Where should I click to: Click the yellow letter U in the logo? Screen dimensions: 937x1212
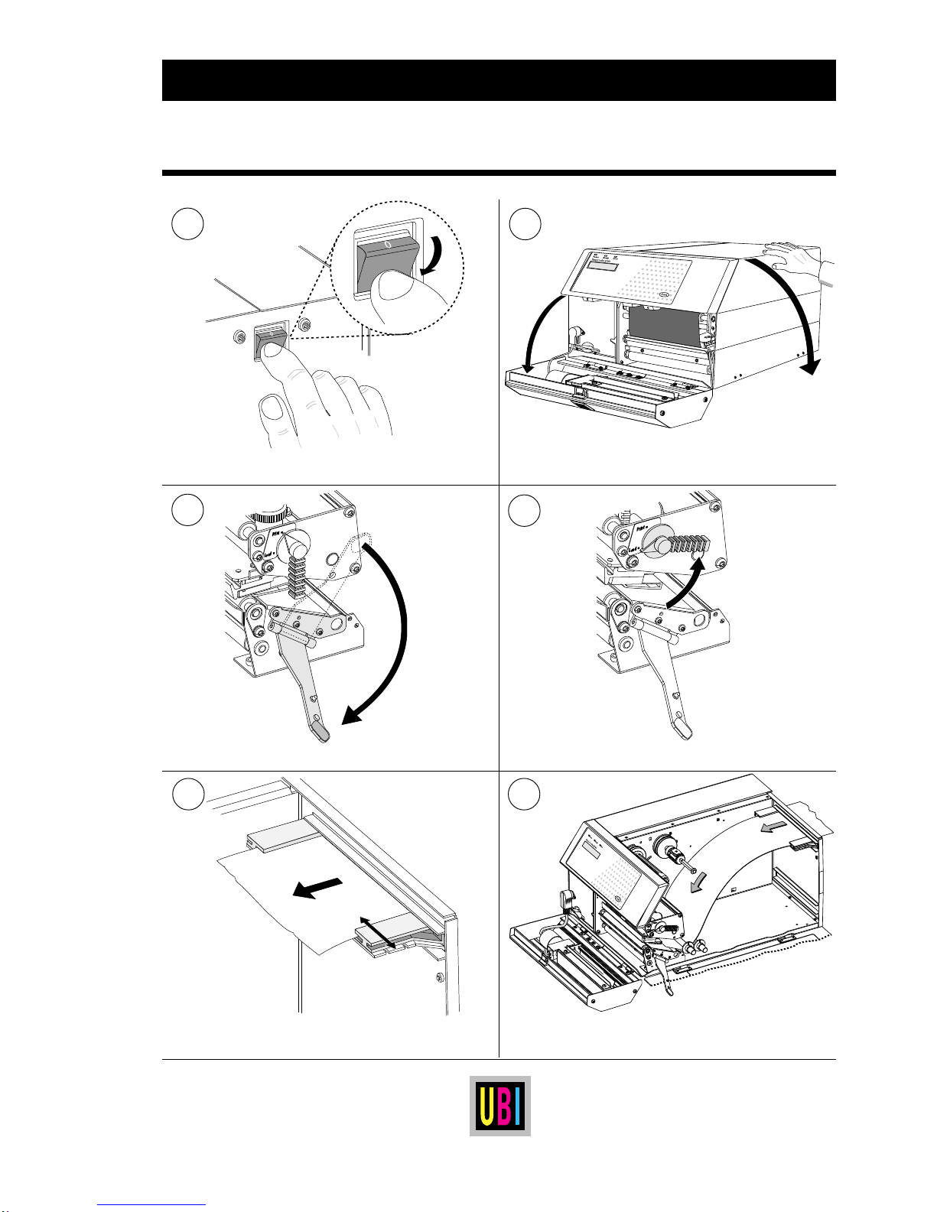click(485, 1106)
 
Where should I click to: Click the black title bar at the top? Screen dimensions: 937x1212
click(498, 80)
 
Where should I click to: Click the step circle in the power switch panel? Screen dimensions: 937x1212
click(188, 224)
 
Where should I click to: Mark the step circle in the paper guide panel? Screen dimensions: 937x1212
click(188, 794)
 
